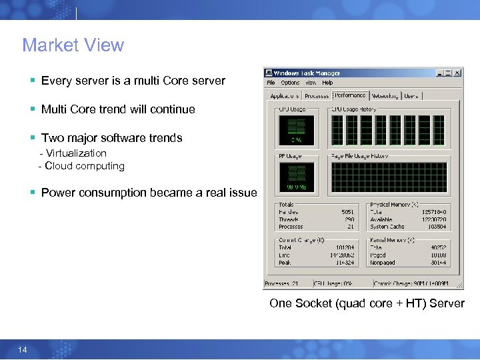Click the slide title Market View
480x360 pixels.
(73, 45)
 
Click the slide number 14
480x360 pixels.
(23, 350)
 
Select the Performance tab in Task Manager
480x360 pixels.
(350, 95)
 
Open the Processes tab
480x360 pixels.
(317, 96)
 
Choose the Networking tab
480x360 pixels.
(384, 96)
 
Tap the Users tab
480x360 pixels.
(411, 96)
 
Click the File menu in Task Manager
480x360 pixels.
(271, 83)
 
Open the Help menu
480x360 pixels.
(327, 83)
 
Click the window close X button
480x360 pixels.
(457, 73)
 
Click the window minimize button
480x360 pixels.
(439, 73)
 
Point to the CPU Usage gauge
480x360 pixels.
(296, 130)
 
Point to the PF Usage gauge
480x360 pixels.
(296, 177)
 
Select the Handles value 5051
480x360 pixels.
(347, 212)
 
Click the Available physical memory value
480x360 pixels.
(435, 219)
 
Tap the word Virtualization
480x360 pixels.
(77, 153)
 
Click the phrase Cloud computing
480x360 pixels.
(84, 166)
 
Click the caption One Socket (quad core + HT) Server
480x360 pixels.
(367, 304)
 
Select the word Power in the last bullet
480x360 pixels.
(57, 193)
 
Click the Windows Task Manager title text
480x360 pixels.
(307, 73)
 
